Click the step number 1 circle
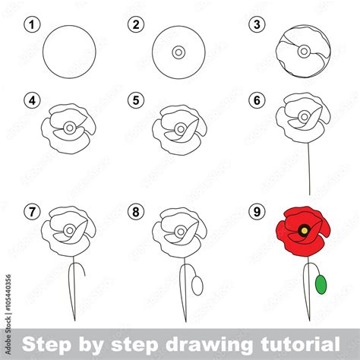[x=31, y=25]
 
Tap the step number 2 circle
[x=137, y=25]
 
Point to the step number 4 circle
[x=31, y=99]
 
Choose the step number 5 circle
[x=137, y=99]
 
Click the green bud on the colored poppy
[x=321, y=284]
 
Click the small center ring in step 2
[x=178, y=52]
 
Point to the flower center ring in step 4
[x=69, y=128]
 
